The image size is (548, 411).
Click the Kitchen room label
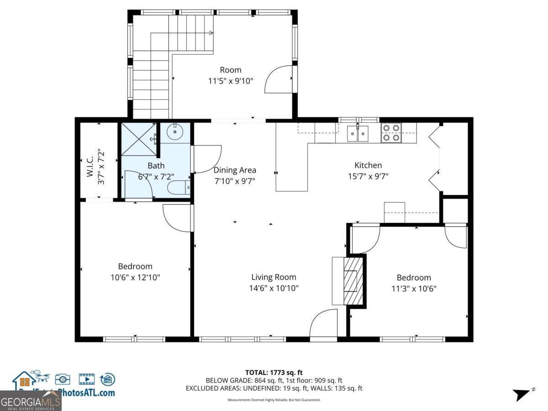click(x=368, y=165)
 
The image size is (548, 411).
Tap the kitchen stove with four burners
click(x=391, y=132)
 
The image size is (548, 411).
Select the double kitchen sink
click(x=358, y=134)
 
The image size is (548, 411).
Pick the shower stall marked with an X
click(x=138, y=140)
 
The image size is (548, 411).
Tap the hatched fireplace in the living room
click(x=351, y=280)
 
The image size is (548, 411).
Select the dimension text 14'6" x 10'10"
click(x=274, y=288)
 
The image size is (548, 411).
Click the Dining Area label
click(x=235, y=170)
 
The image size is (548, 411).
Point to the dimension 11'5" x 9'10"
click(x=230, y=81)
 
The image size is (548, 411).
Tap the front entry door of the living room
click(x=323, y=325)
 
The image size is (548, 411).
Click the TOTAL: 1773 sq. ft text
click(x=274, y=373)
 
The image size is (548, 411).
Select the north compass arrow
click(x=522, y=394)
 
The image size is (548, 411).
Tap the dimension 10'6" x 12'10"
click(x=135, y=277)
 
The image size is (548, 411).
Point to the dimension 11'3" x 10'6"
click(x=413, y=289)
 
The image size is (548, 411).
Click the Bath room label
click(x=156, y=166)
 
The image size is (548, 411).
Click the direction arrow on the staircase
click(x=211, y=33)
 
